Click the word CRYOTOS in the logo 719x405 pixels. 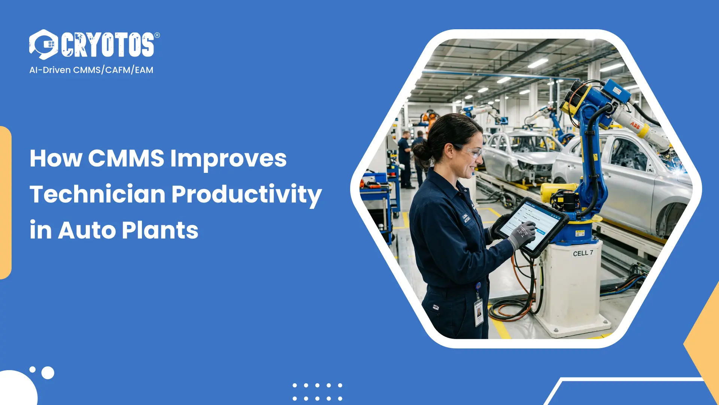(108, 45)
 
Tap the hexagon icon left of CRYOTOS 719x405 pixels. (44, 44)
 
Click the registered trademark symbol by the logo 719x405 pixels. (157, 35)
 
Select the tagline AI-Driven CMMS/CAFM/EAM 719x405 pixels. (91, 70)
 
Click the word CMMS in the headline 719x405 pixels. (126, 158)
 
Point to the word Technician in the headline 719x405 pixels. (97, 194)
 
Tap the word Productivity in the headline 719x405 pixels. (246, 194)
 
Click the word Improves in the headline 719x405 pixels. (228, 158)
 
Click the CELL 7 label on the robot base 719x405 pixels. (583, 253)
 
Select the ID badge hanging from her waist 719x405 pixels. (479, 312)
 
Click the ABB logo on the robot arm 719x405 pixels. (635, 125)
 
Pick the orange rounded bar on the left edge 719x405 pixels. (5, 202)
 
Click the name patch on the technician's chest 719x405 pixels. (465, 219)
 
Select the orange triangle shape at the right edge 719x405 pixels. (706, 337)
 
